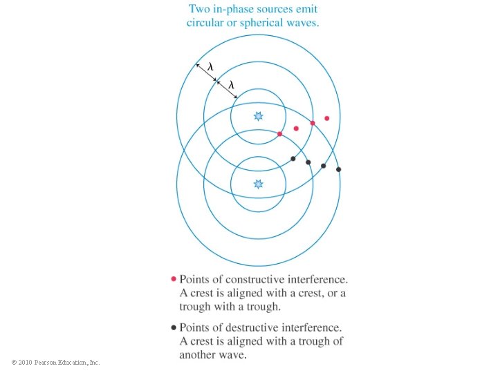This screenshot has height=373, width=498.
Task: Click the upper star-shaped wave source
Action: [259, 116]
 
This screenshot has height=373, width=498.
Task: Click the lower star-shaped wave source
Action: [259, 184]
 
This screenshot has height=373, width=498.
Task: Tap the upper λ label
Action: [210, 67]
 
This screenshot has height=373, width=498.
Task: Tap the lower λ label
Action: [231, 85]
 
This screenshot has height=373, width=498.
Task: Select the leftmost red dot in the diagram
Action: [279, 134]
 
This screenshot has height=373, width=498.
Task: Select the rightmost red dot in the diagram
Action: [327, 118]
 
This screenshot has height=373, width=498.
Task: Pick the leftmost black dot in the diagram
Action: [293, 159]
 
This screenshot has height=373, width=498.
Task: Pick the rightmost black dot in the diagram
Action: [338, 169]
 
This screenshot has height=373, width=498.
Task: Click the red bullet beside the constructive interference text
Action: [173, 280]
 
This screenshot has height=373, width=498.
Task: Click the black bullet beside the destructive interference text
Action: [173, 327]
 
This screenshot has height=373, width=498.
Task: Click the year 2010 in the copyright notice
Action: [26, 363]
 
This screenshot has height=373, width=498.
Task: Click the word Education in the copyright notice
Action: [75, 363]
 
